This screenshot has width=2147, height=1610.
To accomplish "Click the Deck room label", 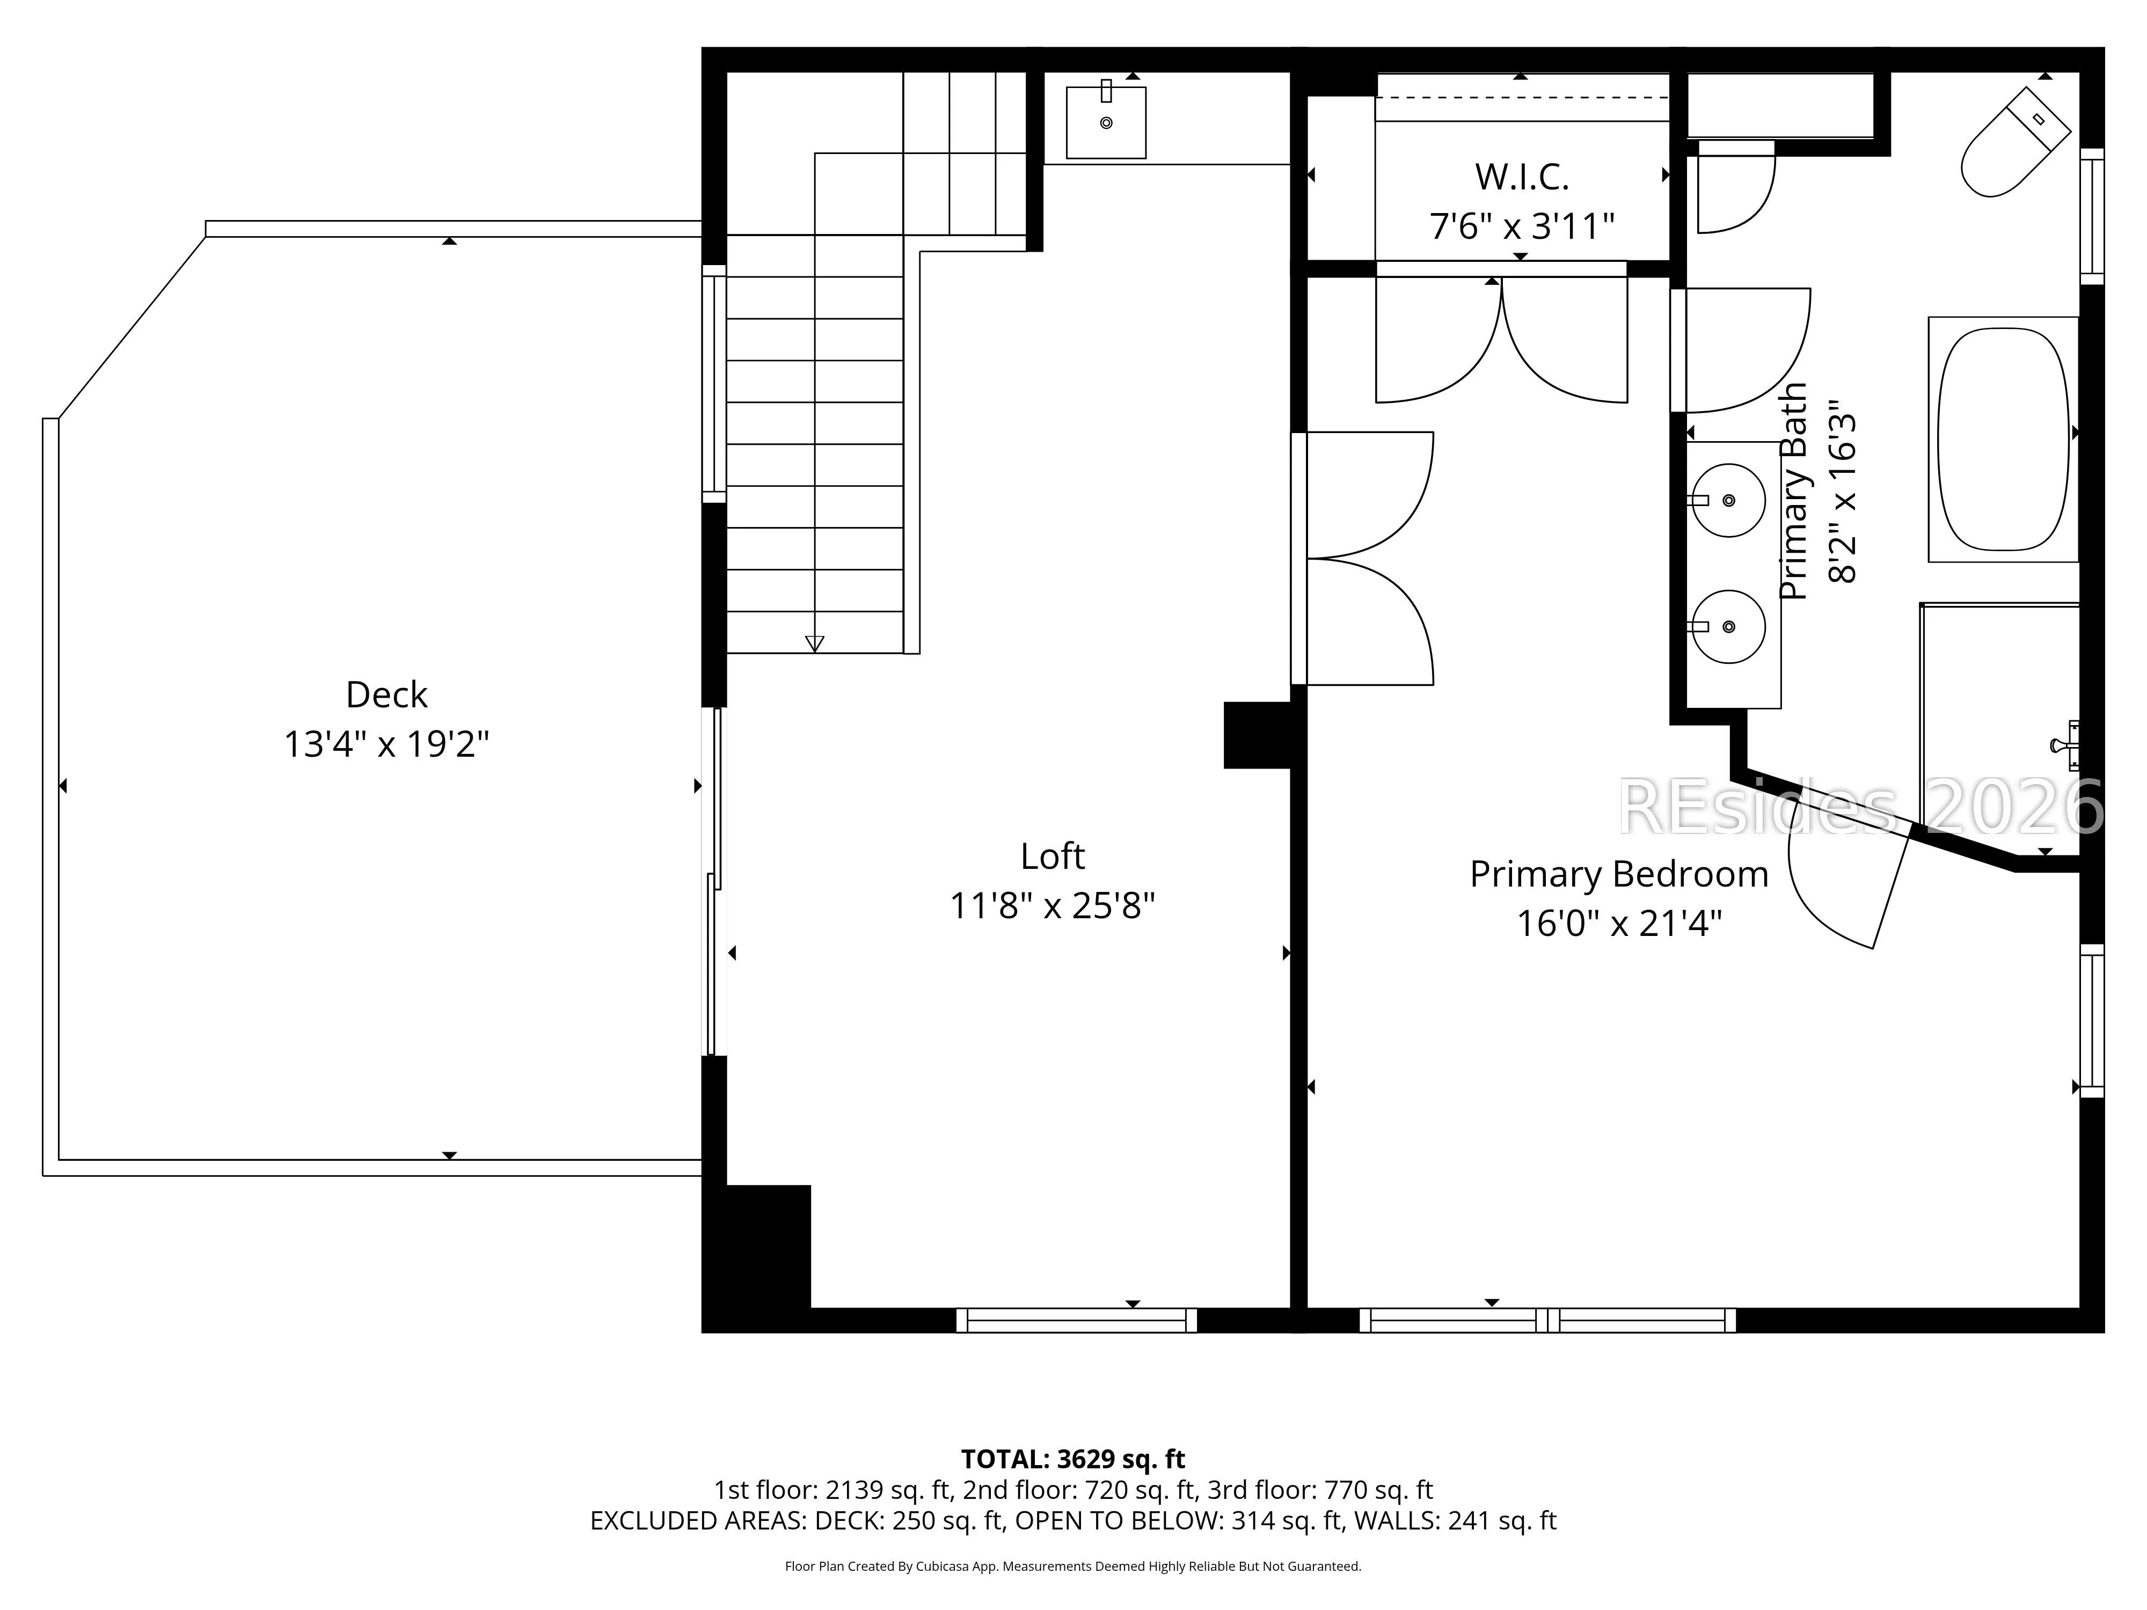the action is point(386,695).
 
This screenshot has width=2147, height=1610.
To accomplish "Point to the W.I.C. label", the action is point(1522,177).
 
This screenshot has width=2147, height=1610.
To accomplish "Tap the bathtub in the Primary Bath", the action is point(2003,440).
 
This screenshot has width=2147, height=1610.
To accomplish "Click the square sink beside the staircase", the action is point(1106,122).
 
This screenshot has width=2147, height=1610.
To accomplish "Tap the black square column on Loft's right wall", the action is point(1257,735).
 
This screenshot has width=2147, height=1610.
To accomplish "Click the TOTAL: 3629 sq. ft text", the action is point(1072,1459).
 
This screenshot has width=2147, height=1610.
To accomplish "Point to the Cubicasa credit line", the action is point(1072,1565).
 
